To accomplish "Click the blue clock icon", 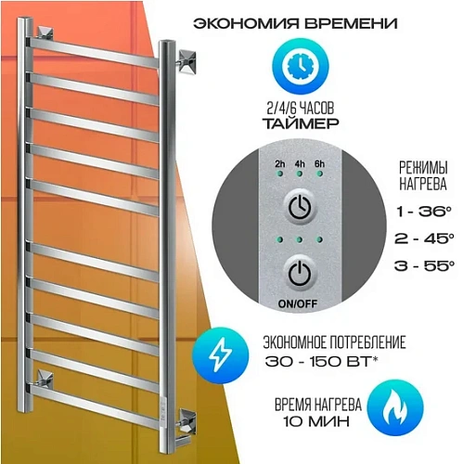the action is tap(301, 66).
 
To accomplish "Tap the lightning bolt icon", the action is tap(220, 355).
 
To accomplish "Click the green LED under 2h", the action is tap(280, 174).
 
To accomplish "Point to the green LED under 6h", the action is tap(320, 174).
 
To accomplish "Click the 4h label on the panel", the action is tap(300, 163).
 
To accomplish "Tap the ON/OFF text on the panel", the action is tap(298, 303).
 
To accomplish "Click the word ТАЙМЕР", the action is tap(301, 123).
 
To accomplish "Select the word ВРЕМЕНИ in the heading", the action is tap(351, 23).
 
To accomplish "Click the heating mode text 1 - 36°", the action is tap(424, 212).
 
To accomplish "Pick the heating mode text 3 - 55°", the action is tap(424, 265).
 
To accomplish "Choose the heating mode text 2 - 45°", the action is tap(424, 238).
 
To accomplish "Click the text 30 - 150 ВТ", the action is tap(322, 361).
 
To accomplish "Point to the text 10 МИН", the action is tap(317, 421).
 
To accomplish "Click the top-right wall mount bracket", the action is tap(186, 61).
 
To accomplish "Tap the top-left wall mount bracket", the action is tap(45, 33).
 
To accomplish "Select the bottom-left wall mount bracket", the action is tap(45, 377).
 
